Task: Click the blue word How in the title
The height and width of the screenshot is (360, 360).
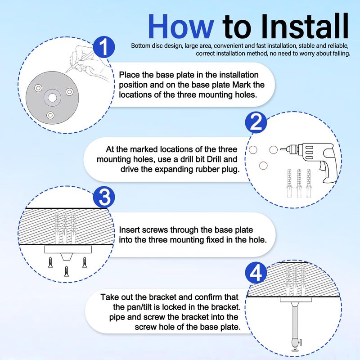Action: (x=181, y=27)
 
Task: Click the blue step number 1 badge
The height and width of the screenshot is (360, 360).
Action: (x=104, y=47)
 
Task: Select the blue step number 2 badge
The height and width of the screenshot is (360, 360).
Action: (x=256, y=122)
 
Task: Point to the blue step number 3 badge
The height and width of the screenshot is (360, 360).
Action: (x=104, y=197)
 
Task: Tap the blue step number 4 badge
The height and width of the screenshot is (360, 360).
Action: (x=256, y=273)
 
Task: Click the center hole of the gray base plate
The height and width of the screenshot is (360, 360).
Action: (x=52, y=98)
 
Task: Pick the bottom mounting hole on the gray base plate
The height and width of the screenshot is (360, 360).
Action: (x=50, y=115)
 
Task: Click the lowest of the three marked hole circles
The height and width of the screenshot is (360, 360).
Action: (x=263, y=166)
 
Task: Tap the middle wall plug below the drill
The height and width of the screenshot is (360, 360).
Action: (x=299, y=183)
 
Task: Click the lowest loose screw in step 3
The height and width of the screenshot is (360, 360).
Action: (x=66, y=271)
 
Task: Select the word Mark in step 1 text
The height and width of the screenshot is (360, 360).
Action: (x=242, y=85)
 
